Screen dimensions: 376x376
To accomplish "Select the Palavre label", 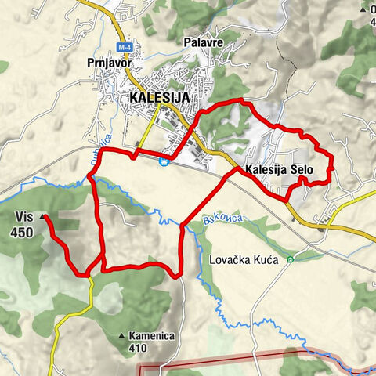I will pyautogui.click(x=202, y=42).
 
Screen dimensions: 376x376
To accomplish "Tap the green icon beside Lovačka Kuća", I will pyautogui.click(x=290, y=258).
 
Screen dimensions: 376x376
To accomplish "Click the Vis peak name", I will pyautogui.click(x=23, y=218).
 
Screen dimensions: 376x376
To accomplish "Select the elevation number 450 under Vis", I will pyautogui.click(x=23, y=232).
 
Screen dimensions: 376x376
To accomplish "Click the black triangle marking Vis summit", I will pyautogui.click(x=42, y=217).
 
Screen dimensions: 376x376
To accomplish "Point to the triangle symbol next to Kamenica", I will pyautogui.click(x=121, y=335).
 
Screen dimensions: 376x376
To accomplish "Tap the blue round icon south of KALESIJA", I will pyautogui.click(x=163, y=162).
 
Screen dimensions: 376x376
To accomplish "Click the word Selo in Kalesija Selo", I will pyautogui.click(x=302, y=168).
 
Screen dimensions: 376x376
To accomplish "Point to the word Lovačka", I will pyautogui.click(x=233, y=258).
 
